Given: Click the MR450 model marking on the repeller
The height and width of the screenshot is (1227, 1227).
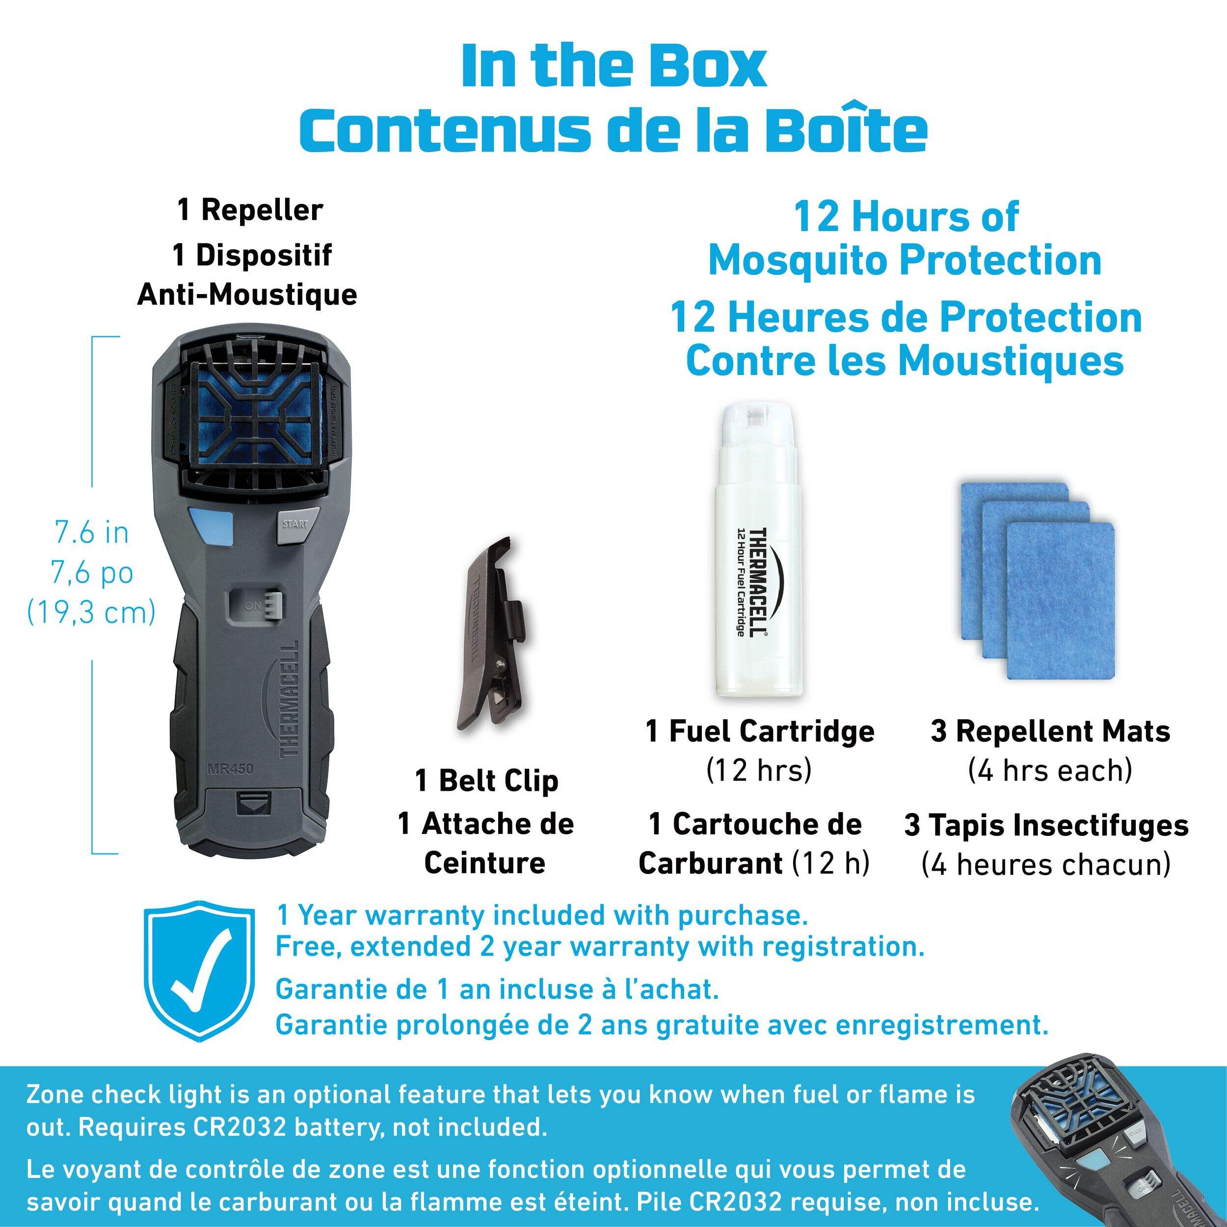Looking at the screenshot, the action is click(230, 769).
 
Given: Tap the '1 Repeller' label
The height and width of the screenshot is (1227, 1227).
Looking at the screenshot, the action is click(250, 210).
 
